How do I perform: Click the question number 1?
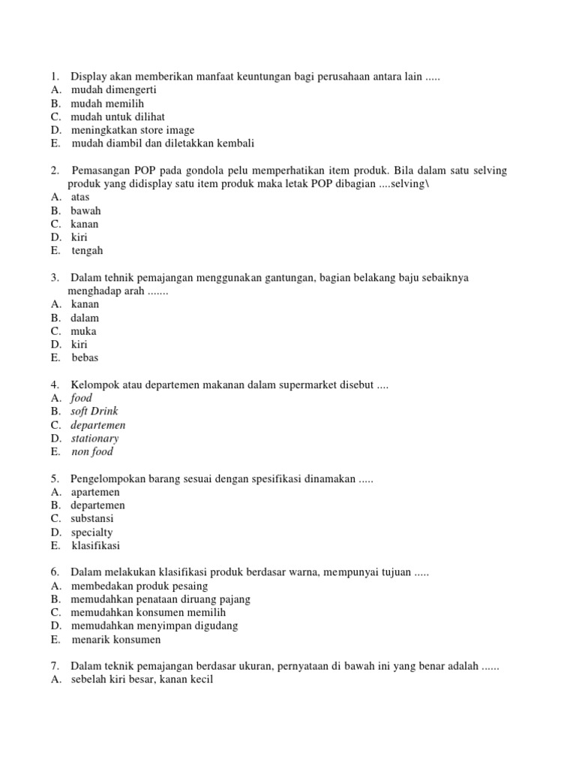[55, 76]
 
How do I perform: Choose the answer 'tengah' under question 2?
[87, 251]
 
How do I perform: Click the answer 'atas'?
[80, 197]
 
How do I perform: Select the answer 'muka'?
[84, 331]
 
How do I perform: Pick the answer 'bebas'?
[85, 358]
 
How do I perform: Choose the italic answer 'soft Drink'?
[94, 412]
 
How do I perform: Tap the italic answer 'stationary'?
[95, 439]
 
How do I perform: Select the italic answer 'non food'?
[92, 452]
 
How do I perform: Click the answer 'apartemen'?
[97, 492]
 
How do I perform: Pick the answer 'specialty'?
[92, 532]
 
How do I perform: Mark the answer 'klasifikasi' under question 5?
[95, 546]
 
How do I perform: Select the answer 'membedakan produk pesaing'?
[139, 586]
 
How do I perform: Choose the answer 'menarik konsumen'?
[116, 640]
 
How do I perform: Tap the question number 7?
[55, 666]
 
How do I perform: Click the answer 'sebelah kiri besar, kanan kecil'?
[142, 680]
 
